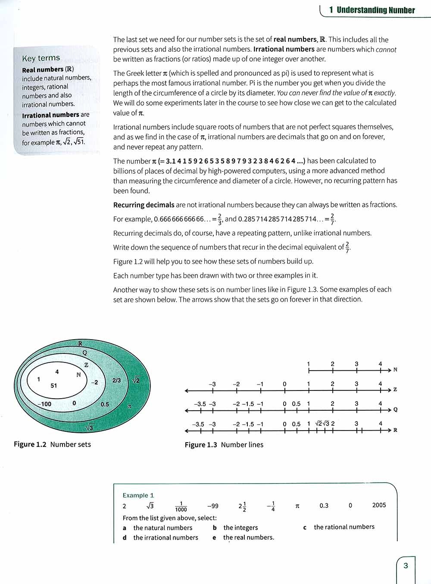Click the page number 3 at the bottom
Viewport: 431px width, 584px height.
point(405,565)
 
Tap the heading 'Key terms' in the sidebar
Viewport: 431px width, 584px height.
point(41,58)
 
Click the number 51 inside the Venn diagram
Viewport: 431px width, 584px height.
point(54,386)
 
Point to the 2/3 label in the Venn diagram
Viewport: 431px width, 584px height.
point(116,380)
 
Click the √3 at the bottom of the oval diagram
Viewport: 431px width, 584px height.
point(89,428)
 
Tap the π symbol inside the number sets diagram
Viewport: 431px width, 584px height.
point(129,406)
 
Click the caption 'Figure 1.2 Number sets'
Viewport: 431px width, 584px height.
point(52,444)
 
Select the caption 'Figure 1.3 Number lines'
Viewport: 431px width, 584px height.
point(224,444)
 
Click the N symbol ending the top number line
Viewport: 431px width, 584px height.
point(395,370)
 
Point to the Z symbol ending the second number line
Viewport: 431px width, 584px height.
point(395,390)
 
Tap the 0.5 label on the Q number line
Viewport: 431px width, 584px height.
point(296,404)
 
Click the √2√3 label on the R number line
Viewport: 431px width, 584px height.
point(322,423)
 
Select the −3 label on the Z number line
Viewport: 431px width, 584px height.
point(212,384)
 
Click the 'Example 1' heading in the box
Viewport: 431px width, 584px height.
point(138,495)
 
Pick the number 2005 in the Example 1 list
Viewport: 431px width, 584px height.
point(379,505)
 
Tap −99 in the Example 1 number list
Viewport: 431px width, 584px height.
point(212,506)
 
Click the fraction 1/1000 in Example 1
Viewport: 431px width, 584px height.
point(181,506)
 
